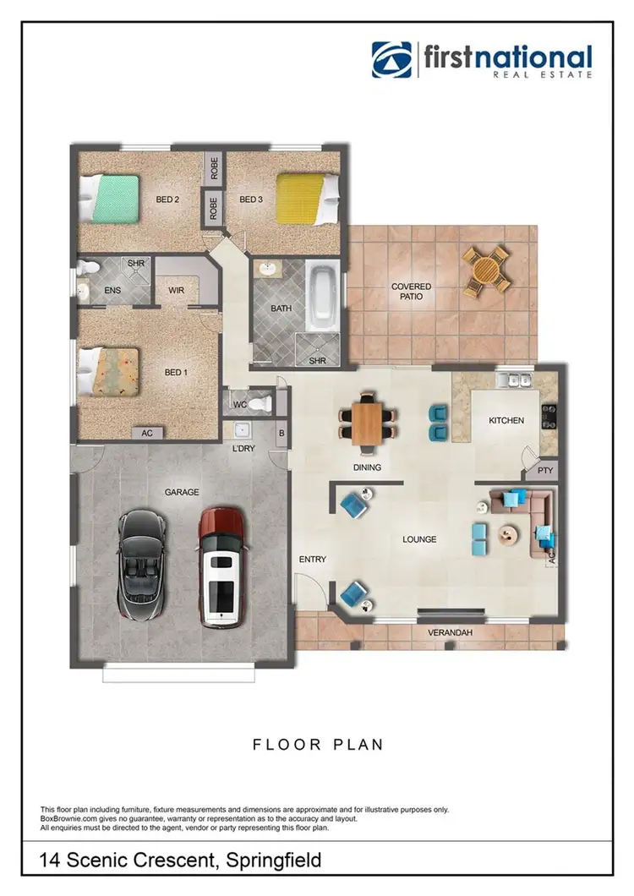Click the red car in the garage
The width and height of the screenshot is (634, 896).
221,566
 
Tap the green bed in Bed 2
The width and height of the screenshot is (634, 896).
109,198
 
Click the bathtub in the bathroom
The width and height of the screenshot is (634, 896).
321,298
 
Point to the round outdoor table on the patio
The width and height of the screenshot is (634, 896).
485,270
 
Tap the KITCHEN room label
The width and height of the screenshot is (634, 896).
506,420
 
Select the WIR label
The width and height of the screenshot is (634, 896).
177,291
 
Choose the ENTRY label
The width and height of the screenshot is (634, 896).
313,560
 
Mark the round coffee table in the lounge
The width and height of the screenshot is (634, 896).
510,533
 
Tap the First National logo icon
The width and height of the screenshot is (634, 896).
391,60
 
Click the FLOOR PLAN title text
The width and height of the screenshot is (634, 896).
318,745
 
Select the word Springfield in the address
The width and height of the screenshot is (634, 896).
268,861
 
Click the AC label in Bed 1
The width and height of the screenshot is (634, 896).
147,433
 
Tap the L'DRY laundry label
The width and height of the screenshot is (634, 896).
244,448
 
